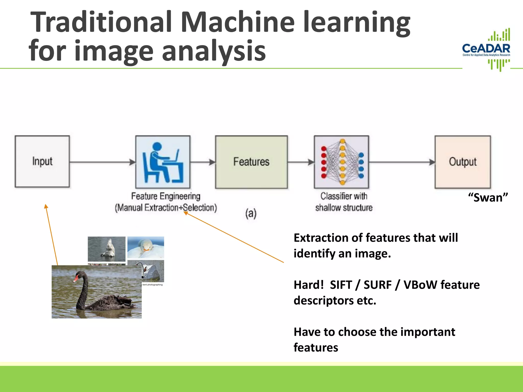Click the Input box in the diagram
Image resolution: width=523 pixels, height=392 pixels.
(x=42, y=162)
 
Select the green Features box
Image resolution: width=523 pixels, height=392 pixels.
(x=251, y=162)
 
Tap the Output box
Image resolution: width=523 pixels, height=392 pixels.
(x=463, y=162)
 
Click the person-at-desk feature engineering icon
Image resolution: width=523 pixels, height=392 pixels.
(x=163, y=162)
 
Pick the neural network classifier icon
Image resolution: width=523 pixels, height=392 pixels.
(x=342, y=162)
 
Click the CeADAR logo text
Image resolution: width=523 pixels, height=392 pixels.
(x=486, y=48)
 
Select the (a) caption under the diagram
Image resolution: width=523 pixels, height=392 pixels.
(x=251, y=213)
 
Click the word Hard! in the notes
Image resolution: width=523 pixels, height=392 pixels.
(x=308, y=285)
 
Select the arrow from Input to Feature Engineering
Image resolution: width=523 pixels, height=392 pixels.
(x=102, y=162)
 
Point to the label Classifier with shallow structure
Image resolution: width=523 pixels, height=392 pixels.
(x=344, y=202)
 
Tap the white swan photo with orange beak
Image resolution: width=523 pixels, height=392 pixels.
(x=146, y=247)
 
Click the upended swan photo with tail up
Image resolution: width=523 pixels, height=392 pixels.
(x=106, y=249)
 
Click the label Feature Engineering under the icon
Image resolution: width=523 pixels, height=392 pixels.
(x=166, y=196)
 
